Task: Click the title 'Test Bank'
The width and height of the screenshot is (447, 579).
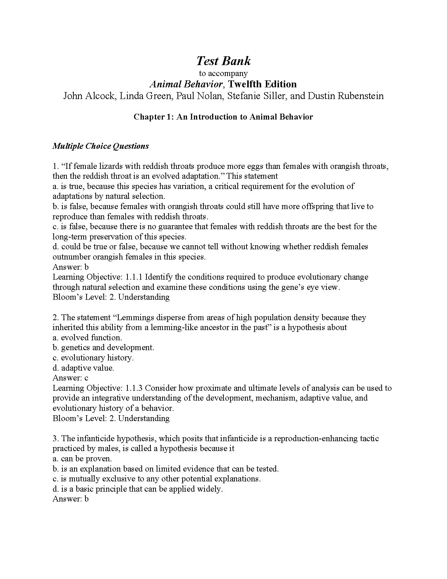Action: point(223,61)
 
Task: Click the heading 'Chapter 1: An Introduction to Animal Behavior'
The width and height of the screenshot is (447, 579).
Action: point(223,117)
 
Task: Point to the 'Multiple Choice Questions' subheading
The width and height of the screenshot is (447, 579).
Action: point(101,146)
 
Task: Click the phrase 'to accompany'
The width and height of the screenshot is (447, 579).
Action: point(223,73)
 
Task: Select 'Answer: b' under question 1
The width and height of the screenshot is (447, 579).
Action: point(70,267)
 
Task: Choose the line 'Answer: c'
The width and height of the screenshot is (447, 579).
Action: point(70,378)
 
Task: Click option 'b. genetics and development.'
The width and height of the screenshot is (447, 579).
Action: point(103,348)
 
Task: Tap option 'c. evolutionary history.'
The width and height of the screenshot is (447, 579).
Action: point(93,358)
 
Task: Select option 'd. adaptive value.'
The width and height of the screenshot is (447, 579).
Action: point(83,368)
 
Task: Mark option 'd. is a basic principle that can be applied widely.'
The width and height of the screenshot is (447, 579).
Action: point(138,489)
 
